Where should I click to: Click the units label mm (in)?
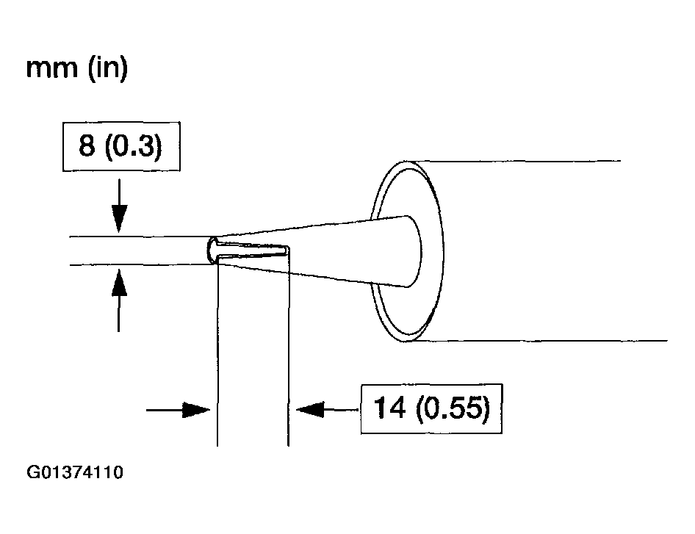click(77, 68)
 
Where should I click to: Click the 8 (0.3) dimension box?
click(121, 146)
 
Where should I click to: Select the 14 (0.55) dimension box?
click(432, 408)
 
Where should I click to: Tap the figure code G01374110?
click(75, 472)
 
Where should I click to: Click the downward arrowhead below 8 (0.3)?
click(119, 218)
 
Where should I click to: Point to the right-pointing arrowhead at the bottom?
click(196, 410)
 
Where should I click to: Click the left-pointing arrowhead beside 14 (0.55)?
click(310, 409)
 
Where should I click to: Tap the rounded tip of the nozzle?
click(212, 250)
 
